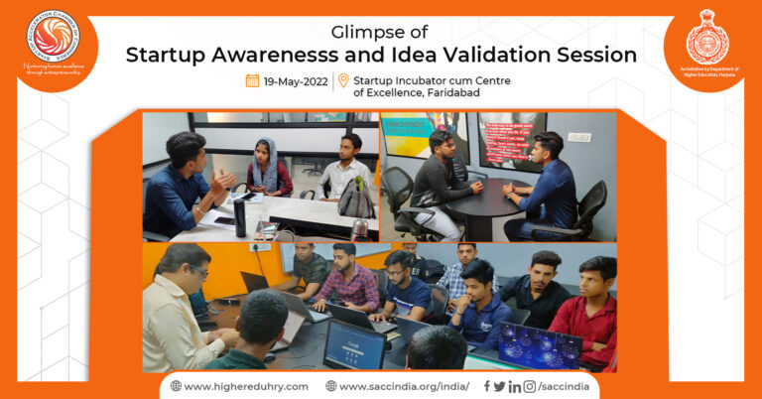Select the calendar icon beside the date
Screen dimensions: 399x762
tap(252, 80)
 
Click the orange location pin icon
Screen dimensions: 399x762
tap(343, 80)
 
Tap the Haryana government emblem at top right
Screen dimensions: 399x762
tap(706, 41)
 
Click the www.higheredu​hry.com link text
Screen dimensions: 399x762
tap(245, 385)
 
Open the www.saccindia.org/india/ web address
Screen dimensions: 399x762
tap(403, 385)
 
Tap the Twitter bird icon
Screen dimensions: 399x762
tap(499, 385)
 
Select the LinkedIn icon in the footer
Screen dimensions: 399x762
tap(514, 385)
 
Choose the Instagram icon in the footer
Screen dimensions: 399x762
tap(530, 385)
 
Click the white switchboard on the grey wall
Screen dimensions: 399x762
tap(578, 137)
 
